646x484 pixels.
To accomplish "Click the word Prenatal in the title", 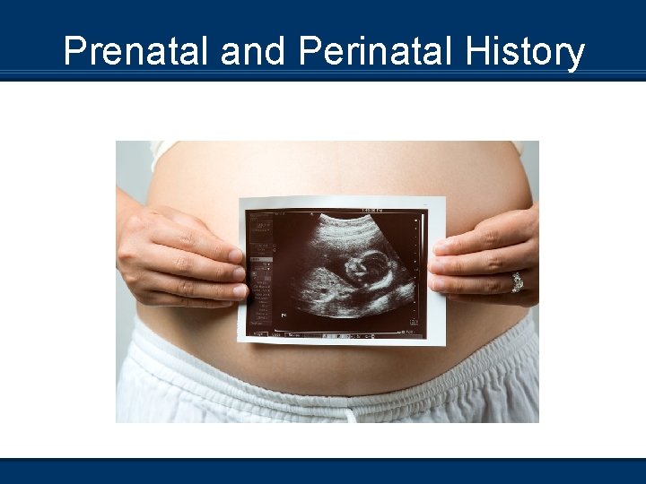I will [x=137, y=52].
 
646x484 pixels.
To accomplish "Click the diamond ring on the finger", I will [x=517, y=281].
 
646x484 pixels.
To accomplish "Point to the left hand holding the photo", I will [x=179, y=260].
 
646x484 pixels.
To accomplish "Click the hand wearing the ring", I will [x=489, y=260].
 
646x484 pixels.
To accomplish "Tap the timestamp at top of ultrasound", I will [x=371, y=211].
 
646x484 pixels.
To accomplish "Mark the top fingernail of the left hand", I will [x=235, y=256].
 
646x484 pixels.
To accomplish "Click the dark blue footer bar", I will [x=323, y=471].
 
